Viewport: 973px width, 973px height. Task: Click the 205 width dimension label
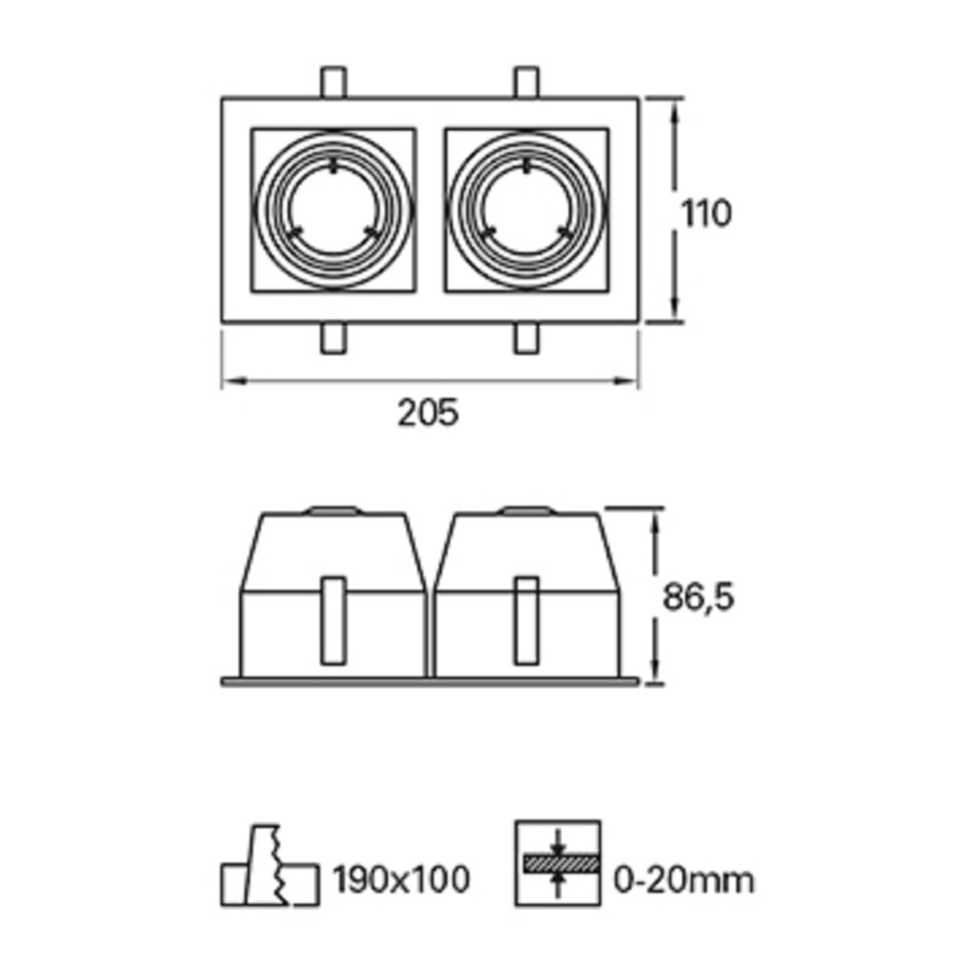pyautogui.click(x=427, y=413)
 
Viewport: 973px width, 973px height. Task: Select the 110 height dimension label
pyautogui.click(x=705, y=214)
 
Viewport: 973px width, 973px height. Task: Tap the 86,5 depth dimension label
pyautogui.click(x=698, y=598)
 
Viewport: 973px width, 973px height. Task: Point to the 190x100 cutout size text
pyautogui.click(x=401, y=879)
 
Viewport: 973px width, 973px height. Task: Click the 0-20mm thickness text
pyautogui.click(x=683, y=879)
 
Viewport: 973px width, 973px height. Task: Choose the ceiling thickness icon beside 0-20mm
pyautogui.click(x=558, y=863)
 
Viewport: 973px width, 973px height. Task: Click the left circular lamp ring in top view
pyautogui.click(x=334, y=209)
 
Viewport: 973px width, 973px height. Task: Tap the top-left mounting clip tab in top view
pyautogui.click(x=334, y=82)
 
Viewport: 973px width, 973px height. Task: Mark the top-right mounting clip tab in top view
pyautogui.click(x=526, y=82)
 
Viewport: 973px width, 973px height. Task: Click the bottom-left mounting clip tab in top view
pyautogui.click(x=334, y=340)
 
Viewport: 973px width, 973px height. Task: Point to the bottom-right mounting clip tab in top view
pyautogui.click(x=526, y=340)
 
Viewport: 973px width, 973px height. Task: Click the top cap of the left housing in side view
pyautogui.click(x=332, y=511)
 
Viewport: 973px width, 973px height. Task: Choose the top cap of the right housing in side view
pyautogui.click(x=526, y=511)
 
